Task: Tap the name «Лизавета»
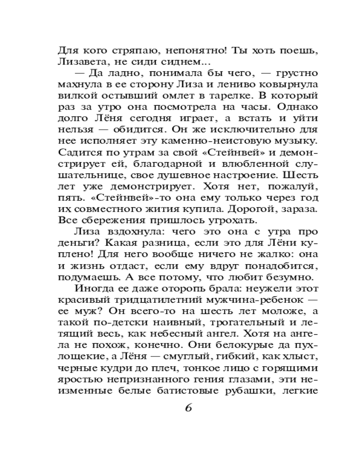[x=80, y=62]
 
